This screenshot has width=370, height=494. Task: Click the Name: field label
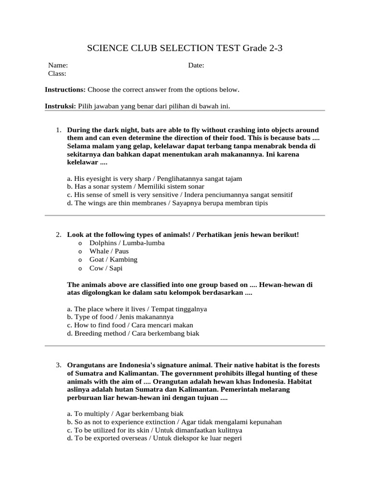58,66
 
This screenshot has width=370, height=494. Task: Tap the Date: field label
197,66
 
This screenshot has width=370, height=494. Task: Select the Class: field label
57,74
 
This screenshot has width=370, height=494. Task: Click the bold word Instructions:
65,90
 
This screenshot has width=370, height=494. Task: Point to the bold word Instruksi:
60,106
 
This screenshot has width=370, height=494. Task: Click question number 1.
58,130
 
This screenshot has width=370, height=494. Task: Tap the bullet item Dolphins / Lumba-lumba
127,243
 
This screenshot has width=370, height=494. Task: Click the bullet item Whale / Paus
109,251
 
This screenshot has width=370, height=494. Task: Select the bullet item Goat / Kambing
113,260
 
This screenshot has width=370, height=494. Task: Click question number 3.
58,365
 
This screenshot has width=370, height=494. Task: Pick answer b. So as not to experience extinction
174,422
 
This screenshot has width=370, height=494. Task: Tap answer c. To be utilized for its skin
155,430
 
